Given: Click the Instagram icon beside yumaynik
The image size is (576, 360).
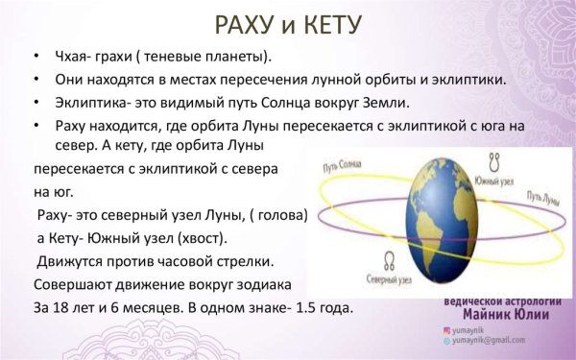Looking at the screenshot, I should pos(445,328).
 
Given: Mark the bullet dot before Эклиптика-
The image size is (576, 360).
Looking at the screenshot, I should pos(36,104).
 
